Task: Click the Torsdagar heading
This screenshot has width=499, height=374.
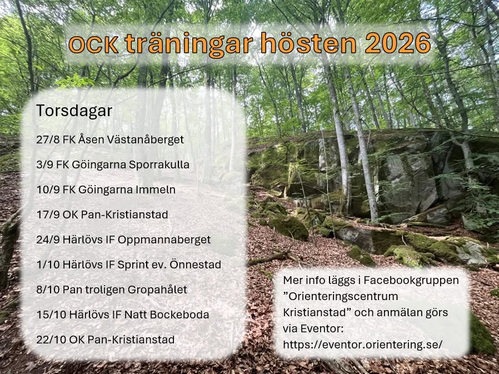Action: point(74,111)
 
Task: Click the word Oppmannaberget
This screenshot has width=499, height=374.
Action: point(164,240)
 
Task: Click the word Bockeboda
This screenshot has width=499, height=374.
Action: point(179,315)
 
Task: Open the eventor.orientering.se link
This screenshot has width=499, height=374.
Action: point(363,345)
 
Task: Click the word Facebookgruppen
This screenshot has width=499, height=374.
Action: point(411,281)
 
